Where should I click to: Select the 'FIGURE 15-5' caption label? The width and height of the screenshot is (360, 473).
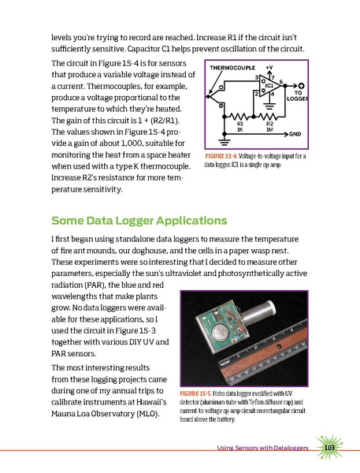click(x=201, y=393)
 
